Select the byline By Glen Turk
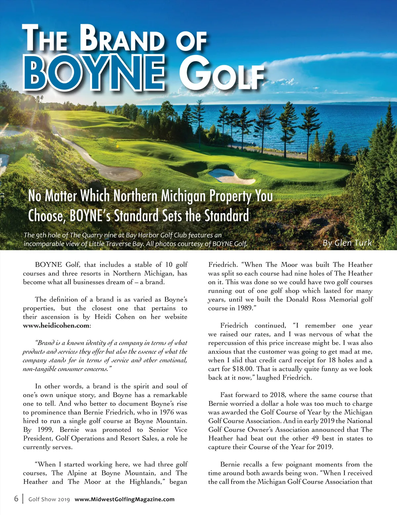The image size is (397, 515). click(347, 243)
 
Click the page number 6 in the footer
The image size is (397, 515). click(16, 498)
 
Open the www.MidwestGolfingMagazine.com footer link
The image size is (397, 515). click(124, 499)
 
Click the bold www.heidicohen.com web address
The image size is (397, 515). click(56, 326)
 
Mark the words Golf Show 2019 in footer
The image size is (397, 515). click(49, 499)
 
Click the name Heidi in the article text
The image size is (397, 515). click(103, 317)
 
